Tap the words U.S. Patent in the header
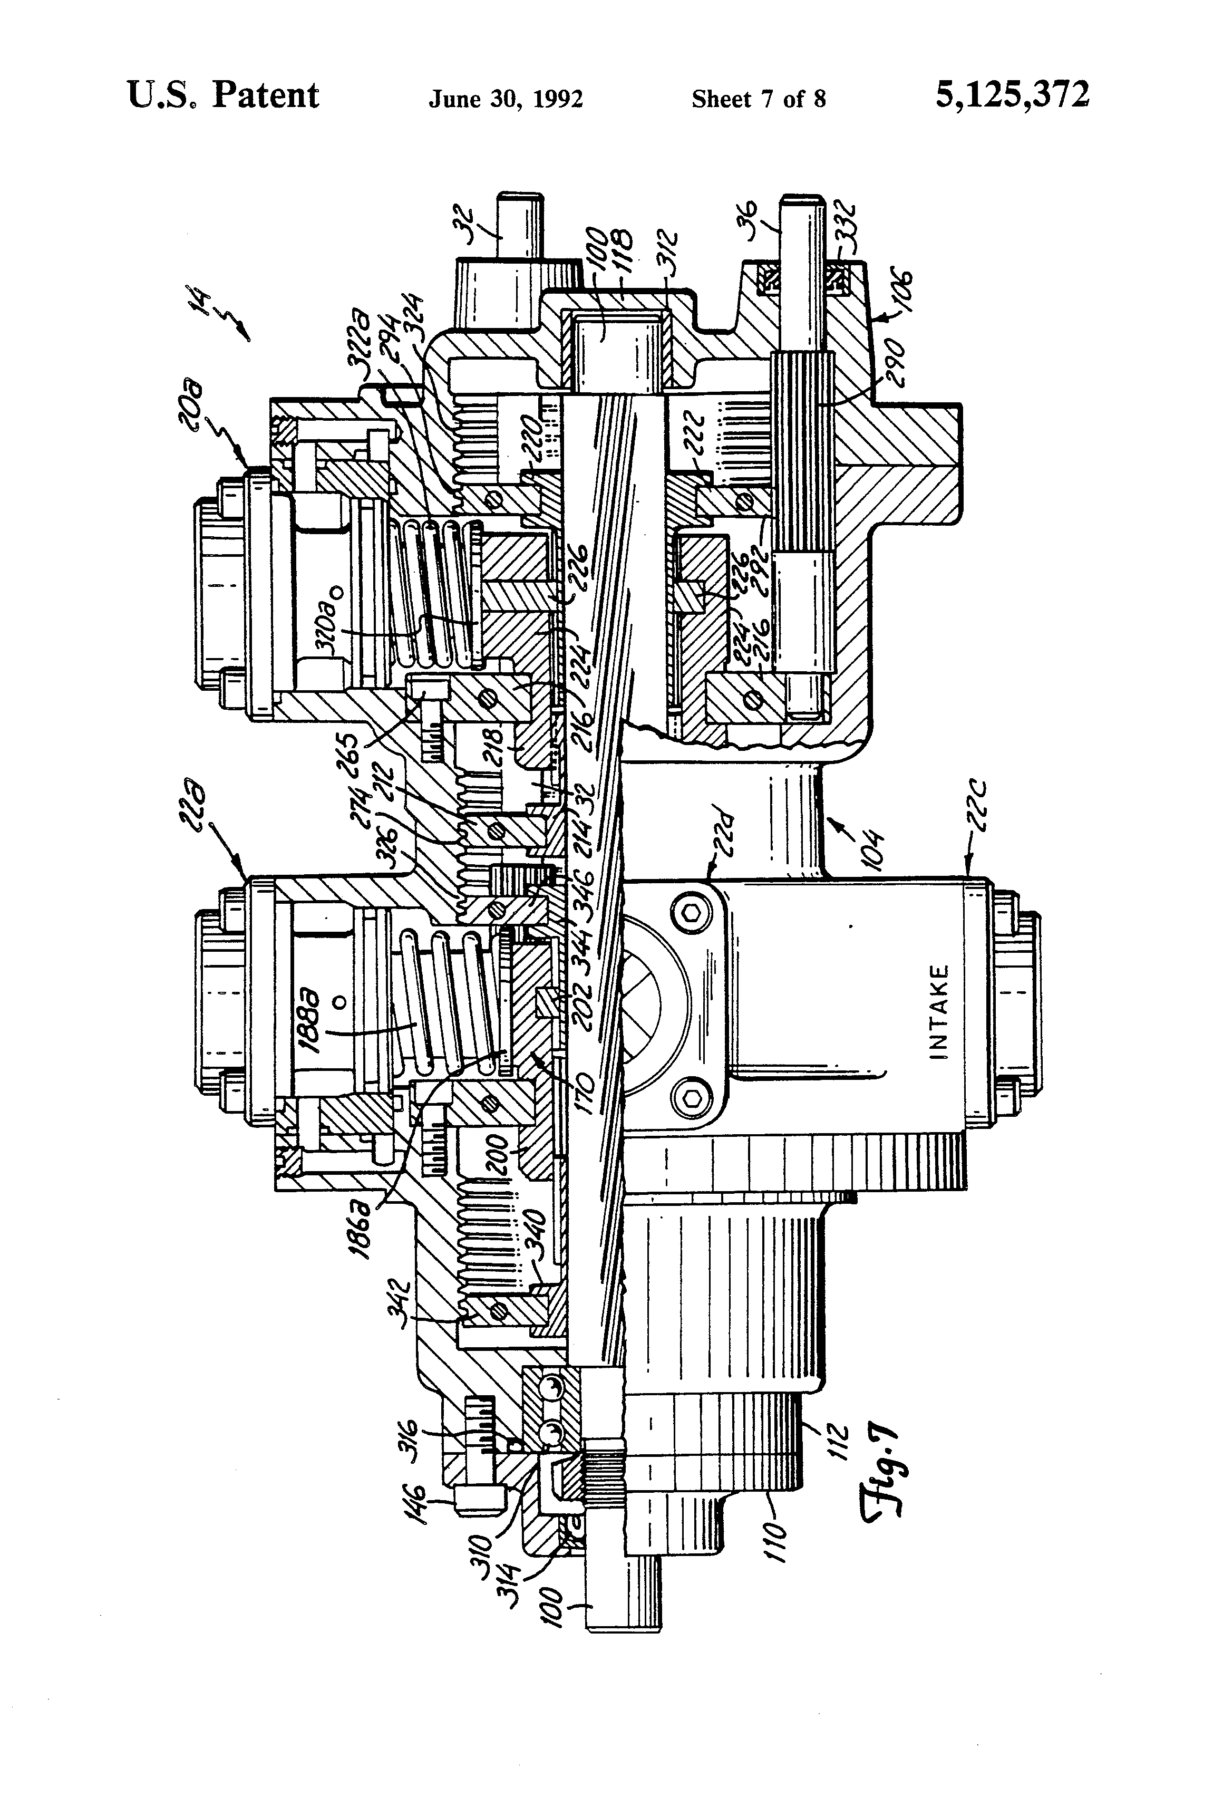(222, 96)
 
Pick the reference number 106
(898, 298)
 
